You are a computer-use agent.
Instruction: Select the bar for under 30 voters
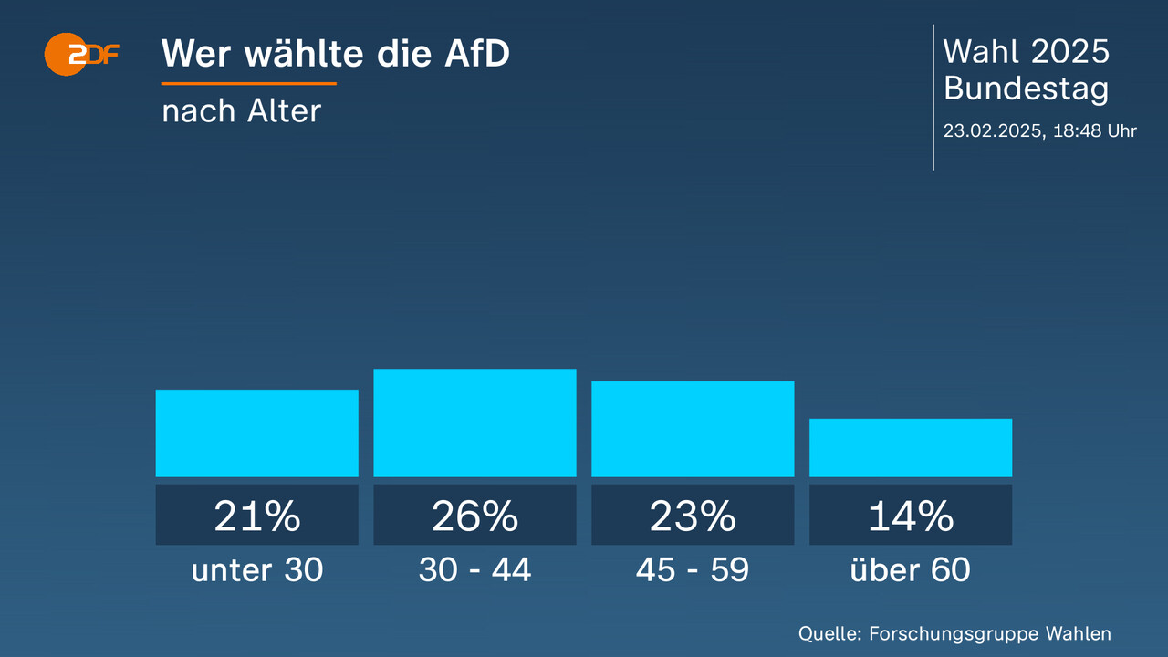(256, 433)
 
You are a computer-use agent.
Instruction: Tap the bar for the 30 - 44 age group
(474, 422)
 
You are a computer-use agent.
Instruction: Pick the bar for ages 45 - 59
(693, 429)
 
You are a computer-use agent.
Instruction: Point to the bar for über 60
(911, 447)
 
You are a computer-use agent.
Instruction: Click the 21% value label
(256, 516)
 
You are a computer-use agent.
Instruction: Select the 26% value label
(474, 516)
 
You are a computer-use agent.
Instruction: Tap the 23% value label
(693, 516)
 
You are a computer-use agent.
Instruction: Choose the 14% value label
(911, 516)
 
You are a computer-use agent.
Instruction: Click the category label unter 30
(256, 570)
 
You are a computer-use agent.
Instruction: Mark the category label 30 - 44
(474, 570)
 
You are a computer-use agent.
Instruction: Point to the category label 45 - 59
(693, 570)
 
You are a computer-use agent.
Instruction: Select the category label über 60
(911, 570)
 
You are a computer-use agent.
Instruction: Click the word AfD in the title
(476, 54)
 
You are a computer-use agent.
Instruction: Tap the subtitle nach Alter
(242, 110)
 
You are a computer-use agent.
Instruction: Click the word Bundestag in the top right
(1027, 89)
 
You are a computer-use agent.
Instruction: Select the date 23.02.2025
(993, 130)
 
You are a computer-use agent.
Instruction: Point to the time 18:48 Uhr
(1095, 130)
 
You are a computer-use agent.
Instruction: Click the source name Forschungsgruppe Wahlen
(990, 633)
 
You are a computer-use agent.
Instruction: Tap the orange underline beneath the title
(249, 83)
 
